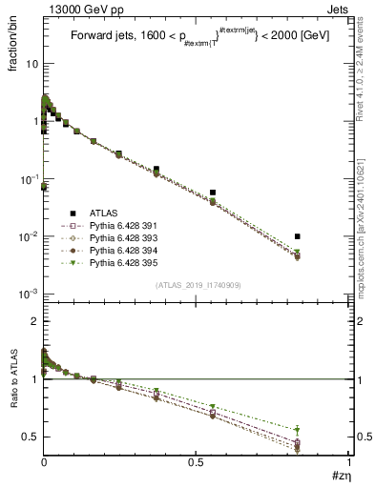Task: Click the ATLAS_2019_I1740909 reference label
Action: (198, 286)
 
